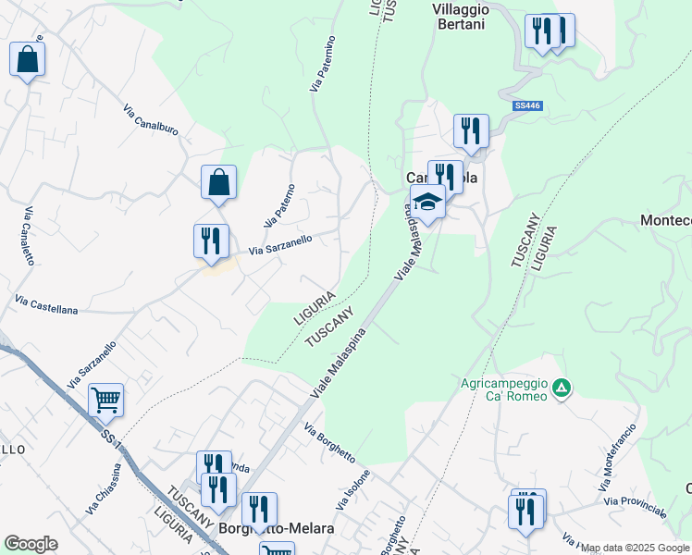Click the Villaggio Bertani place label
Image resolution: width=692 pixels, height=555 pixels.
pyautogui.click(x=458, y=17)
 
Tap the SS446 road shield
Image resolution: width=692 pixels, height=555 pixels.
pyautogui.click(x=526, y=106)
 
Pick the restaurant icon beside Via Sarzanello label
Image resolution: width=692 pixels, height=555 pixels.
pyautogui.click(x=211, y=240)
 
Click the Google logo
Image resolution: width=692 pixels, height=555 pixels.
pyautogui.click(x=31, y=544)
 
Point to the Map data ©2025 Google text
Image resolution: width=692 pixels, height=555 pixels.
pyautogui.click(x=636, y=548)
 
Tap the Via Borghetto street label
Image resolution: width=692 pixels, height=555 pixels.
pyautogui.click(x=329, y=443)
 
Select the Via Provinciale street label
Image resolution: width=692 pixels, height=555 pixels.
pyautogui.click(x=635, y=506)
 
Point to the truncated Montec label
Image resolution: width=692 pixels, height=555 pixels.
pyautogui.click(x=666, y=220)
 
